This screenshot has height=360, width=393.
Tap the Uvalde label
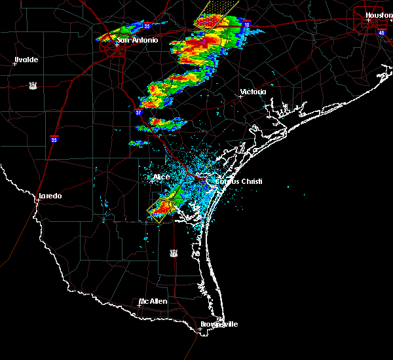click(26, 60)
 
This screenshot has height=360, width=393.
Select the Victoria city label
click(253, 92)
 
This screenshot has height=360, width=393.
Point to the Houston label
click(379, 15)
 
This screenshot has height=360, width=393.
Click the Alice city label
click(160, 177)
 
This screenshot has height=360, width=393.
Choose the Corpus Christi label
click(234, 181)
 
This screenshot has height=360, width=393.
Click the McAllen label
click(153, 301)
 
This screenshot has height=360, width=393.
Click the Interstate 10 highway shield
click(246, 24)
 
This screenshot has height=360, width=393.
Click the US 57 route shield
click(32, 85)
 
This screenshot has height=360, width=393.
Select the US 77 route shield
click(174, 252)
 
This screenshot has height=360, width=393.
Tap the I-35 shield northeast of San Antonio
click(147, 26)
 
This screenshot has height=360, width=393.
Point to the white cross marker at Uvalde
click(14, 63)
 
